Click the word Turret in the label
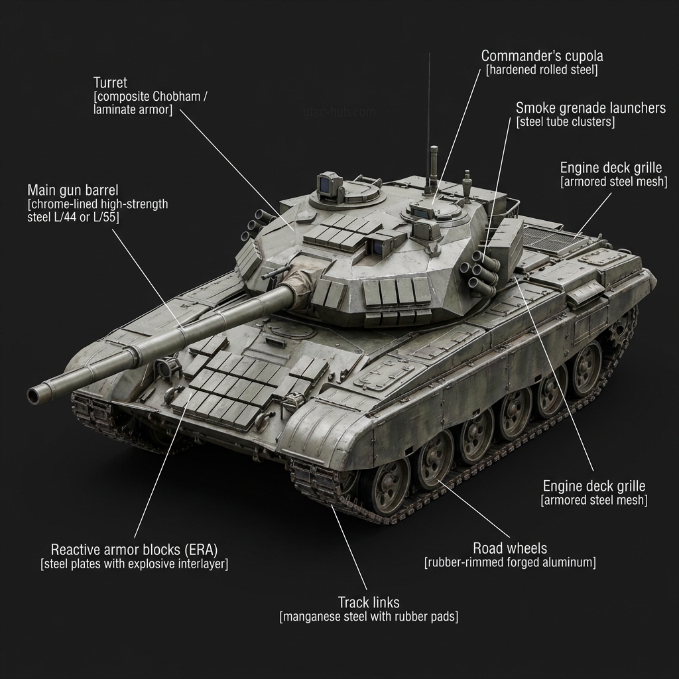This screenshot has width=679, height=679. [111, 82]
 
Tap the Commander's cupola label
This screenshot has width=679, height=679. [542, 55]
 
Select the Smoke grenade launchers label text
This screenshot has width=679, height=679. [590, 107]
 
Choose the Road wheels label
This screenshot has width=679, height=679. [510, 548]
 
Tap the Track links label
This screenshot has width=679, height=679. [369, 602]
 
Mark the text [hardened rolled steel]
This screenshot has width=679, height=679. [542, 70]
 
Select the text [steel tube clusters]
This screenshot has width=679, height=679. [566, 122]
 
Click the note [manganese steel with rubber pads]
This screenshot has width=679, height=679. [369, 617]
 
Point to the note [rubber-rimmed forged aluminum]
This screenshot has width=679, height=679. [510, 563]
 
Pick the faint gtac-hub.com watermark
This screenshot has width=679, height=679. [338, 112]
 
